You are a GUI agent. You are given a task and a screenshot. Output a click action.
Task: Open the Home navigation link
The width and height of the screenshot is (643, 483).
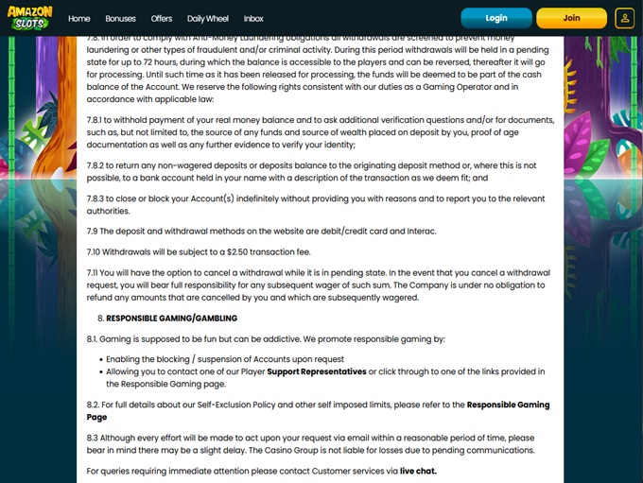point(79,18)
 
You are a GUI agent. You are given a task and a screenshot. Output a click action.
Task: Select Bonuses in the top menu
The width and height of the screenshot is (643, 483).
point(120,18)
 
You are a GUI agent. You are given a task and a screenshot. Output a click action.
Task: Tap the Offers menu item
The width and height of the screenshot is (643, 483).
point(162,18)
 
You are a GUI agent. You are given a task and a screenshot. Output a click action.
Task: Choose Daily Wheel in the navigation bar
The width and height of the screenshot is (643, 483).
point(208,18)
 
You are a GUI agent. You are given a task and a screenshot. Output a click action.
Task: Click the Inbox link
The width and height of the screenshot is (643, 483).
point(253,18)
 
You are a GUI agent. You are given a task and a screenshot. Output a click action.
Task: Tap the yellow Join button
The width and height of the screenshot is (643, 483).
point(571,18)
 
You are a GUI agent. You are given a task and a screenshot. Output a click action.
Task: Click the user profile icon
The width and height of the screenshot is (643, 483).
point(624,18)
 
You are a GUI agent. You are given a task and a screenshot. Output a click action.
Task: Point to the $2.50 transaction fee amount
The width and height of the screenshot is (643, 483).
point(230,251)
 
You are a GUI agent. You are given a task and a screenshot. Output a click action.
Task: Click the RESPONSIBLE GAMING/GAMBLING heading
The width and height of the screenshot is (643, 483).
point(171,319)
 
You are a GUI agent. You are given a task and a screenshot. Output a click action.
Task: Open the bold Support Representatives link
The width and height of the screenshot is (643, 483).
point(316,371)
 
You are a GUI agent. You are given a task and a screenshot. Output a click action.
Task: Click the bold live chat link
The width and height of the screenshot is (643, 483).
point(418,470)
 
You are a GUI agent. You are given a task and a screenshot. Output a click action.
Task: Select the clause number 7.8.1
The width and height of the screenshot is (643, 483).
point(95,120)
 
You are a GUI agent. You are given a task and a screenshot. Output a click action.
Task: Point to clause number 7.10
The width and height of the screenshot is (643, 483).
point(93,251)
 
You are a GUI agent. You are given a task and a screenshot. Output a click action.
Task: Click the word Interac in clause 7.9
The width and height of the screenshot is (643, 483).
point(423,232)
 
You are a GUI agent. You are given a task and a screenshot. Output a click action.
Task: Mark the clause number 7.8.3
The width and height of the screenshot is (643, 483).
point(95,198)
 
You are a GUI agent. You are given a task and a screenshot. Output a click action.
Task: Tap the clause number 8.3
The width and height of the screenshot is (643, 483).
point(93,437)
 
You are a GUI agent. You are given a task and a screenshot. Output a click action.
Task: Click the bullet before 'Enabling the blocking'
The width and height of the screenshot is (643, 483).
point(99,359)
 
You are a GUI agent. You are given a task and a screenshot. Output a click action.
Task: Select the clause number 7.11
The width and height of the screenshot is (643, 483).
point(93,272)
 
